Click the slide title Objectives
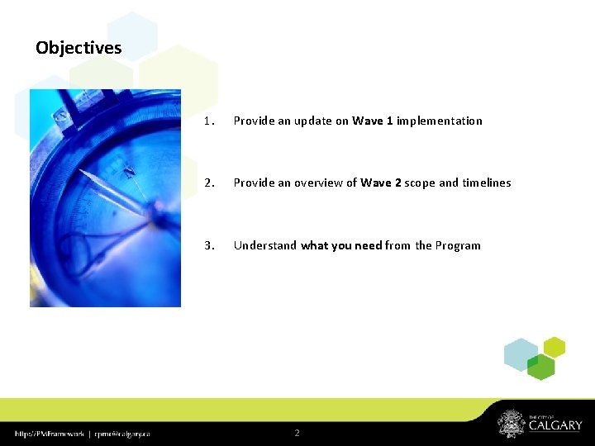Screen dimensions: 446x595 point(79,48)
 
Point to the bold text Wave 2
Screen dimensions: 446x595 point(380,183)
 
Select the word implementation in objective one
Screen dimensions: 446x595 point(440,121)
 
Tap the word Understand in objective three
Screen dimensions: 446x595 point(264,245)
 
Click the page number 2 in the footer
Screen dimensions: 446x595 point(297,433)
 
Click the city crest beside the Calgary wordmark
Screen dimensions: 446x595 point(510,424)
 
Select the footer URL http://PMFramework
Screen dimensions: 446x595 point(48,433)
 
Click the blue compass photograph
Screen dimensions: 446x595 point(105,198)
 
